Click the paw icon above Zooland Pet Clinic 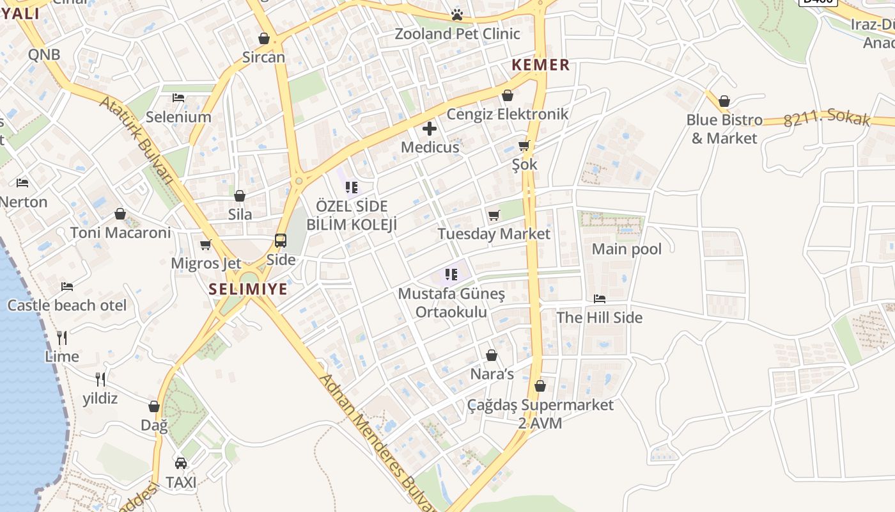point(456,15)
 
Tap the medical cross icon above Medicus point(430,129)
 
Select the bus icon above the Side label point(281,241)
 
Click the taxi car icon point(181,463)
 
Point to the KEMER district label point(541,65)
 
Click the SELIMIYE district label point(248,289)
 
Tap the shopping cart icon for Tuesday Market point(494,216)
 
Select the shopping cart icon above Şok point(524,145)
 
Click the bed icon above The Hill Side point(599,298)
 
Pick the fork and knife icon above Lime point(62,337)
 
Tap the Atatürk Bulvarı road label point(137,140)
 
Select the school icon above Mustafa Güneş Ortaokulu point(451,275)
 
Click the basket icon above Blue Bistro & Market point(724,101)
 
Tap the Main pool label point(626,249)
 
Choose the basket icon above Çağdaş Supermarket point(540,386)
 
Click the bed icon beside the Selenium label point(178,98)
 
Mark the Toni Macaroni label point(121,232)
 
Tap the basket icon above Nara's point(492,355)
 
